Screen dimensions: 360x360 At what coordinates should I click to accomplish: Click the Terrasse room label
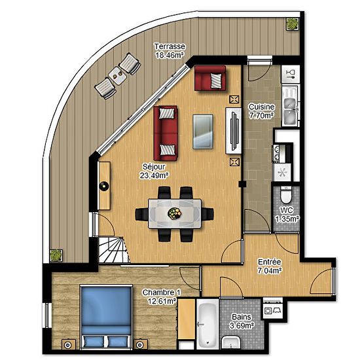[170, 46]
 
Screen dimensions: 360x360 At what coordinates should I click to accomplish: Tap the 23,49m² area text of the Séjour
[154, 175]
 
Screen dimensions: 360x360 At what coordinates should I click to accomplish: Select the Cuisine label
[262, 107]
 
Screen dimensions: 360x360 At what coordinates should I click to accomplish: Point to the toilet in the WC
[285, 195]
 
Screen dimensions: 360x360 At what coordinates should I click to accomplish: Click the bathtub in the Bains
[207, 323]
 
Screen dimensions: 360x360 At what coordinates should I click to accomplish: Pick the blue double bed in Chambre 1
[106, 317]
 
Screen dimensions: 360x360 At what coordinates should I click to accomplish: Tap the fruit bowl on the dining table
[174, 213]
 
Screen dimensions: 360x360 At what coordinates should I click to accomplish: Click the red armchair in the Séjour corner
[210, 78]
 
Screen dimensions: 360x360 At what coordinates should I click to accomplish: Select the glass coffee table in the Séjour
[203, 132]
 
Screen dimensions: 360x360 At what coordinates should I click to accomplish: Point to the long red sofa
[166, 133]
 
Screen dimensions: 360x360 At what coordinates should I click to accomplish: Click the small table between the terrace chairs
[117, 75]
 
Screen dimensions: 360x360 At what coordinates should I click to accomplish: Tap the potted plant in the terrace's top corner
[292, 24]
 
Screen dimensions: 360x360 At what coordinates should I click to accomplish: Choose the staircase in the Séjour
[114, 250]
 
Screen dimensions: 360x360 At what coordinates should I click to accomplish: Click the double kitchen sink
[290, 106]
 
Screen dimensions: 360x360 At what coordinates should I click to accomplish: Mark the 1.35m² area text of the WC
[287, 219]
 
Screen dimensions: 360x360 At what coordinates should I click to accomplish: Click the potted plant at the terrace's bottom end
[56, 255]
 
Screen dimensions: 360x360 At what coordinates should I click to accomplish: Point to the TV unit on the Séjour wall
[233, 131]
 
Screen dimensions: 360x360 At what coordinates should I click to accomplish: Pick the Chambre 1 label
[162, 293]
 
